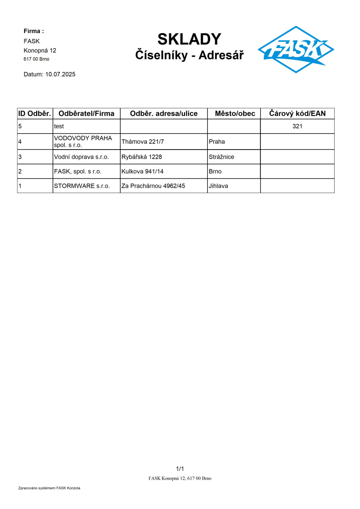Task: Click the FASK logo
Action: (296, 49)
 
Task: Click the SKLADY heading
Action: (189, 39)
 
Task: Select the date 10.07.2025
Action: (60, 74)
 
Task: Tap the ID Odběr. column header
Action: (35, 113)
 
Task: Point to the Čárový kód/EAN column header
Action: (297, 113)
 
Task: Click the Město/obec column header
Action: (234, 113)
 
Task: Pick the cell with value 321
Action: (297, 126)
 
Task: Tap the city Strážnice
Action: (221, 157)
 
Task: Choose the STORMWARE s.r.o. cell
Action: (82, 186)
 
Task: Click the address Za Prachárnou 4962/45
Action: (153, 186)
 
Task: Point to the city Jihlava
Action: (218, 186)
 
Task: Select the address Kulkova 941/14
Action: (142, 172)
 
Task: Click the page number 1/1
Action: (180, 469)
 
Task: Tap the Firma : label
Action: (34, 31)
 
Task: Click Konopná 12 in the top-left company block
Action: (40, 50)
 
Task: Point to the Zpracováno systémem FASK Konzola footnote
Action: (49, 488)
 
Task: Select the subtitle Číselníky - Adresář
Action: (189, 55)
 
